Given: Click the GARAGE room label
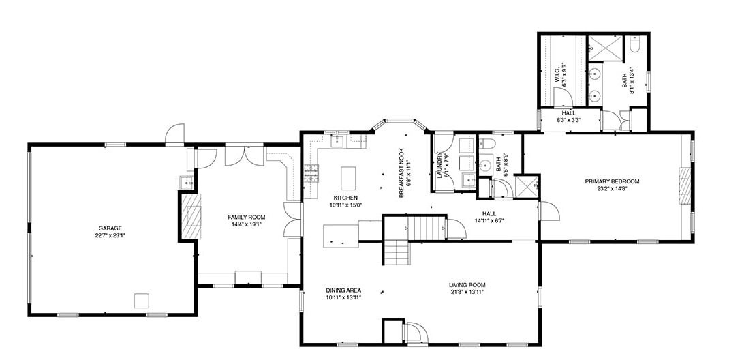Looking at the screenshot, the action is tap(110, 228).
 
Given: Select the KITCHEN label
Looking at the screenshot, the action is tap(345, 198).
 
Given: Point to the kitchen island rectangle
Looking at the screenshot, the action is tap(347, 178).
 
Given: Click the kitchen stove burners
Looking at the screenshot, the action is tap(311, 173).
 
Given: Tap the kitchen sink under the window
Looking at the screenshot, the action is tap(339, 140).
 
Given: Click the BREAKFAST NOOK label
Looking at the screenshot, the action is tap(401, 172).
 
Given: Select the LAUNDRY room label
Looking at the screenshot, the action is tap(439, 165).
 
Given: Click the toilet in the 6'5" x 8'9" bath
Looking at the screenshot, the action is tap(487, 144).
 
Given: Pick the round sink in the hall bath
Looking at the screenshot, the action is tap(486, 165).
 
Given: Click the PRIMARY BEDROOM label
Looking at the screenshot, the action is tap(612, 181).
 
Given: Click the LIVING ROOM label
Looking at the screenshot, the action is tap(467, 285).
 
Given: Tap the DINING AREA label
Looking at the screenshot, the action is tap(343, 290).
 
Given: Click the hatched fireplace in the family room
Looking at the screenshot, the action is tap(190, 216).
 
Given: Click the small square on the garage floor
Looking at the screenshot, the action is tap(142, 301).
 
